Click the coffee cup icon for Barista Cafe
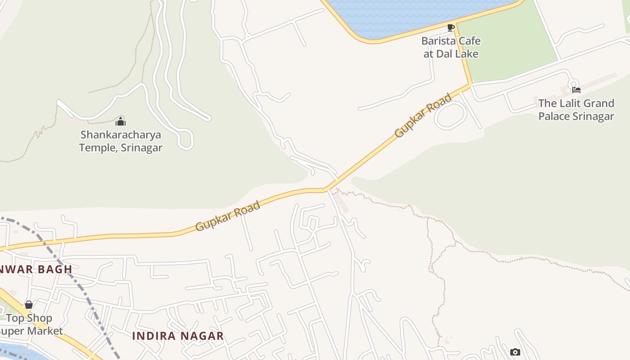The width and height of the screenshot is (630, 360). (x=451, y=28)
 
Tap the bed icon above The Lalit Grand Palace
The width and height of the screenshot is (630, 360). (x=576, y=90)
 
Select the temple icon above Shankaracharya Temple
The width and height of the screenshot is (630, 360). (x=121, y=121)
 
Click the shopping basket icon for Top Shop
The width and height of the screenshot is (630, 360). (x=29, y=305)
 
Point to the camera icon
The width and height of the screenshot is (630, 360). (x=515, y=352)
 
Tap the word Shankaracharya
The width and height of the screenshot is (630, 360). (x=121, y=135)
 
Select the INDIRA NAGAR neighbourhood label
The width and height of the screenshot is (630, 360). (x=178, y=336)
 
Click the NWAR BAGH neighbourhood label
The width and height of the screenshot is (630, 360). (x=36, y=269)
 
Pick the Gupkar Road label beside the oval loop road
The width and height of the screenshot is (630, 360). (x=423, y=115)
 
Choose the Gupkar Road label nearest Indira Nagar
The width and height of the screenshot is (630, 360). (x=228, y=216)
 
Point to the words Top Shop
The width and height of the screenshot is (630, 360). (x=29, y=318)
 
